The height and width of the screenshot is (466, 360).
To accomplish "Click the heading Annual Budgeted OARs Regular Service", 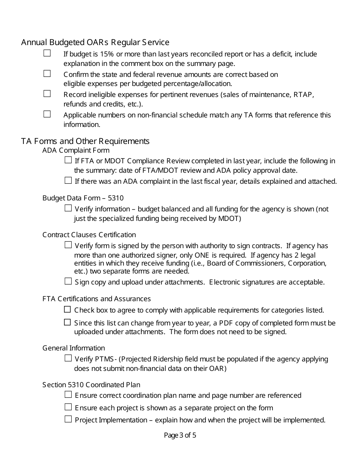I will tap(95, 42).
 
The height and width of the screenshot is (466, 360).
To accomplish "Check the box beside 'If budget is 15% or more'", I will tap(47, 53).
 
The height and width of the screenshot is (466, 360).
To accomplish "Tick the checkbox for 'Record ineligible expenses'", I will tap(47, 94).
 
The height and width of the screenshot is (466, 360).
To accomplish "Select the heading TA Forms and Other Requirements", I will tap(85, 141).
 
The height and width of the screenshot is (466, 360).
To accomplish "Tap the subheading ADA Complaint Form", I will tap(76, 150).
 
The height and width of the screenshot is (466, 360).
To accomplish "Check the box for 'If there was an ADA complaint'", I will tap(68, 180).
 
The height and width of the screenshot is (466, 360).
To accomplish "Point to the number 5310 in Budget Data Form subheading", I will tap(116, 198).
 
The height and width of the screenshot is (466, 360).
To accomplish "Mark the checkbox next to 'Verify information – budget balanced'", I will tap(68, 208).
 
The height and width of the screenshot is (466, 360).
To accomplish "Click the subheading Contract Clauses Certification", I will tap(89, 235).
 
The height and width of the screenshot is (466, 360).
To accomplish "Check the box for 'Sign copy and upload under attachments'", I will tap(68, 281).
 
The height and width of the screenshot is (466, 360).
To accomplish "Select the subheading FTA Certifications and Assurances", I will tap(97, 299).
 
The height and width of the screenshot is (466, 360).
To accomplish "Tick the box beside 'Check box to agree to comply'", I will tap(67, 310).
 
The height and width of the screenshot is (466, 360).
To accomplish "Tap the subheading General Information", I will tap(74, 348).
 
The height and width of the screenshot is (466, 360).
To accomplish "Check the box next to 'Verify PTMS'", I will tap(68, 358).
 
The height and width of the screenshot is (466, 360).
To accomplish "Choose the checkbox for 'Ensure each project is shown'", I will tap(68, 407).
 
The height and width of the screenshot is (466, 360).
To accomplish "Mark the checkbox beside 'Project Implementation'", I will tap(68, 419).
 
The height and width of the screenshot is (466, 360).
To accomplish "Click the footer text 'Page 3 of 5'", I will tap(180, 435).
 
